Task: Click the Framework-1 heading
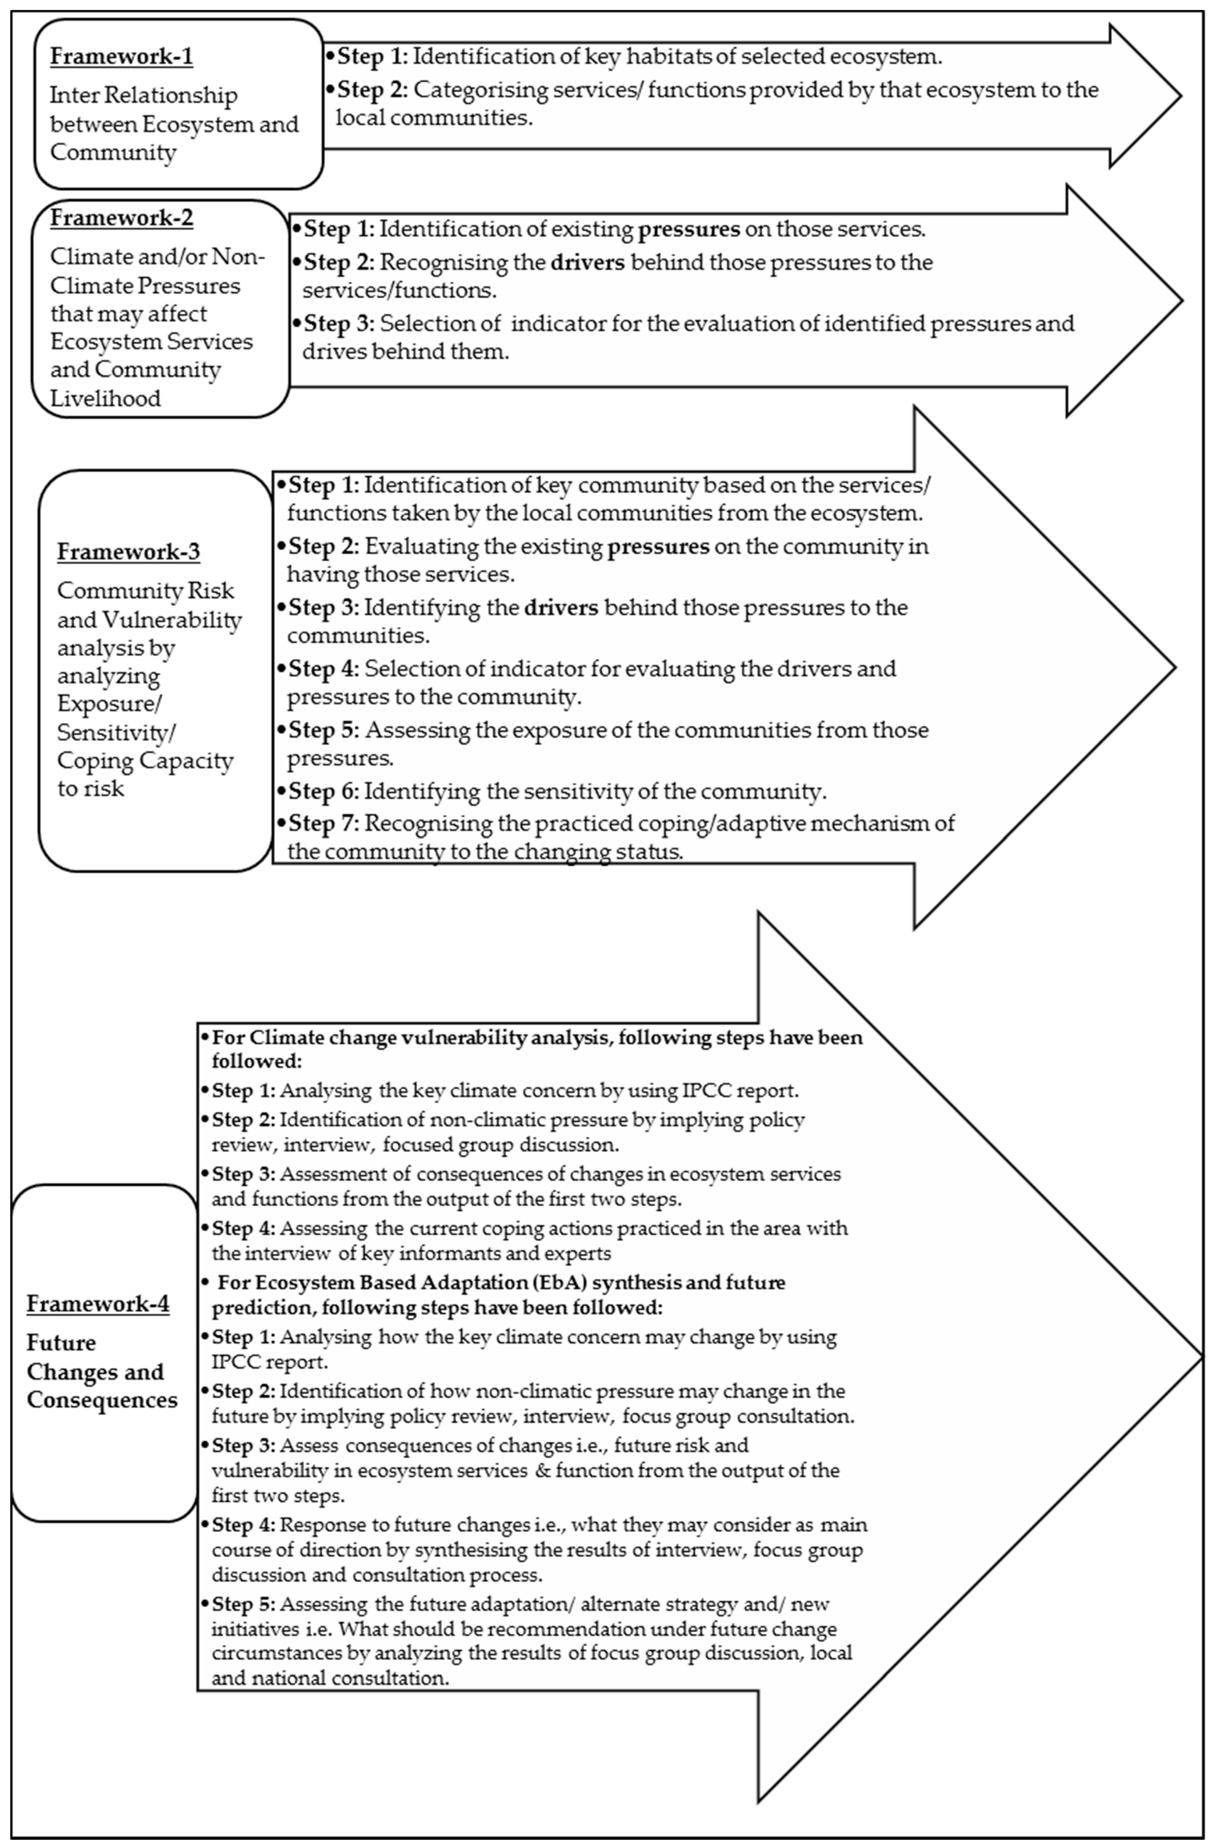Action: (121, 57)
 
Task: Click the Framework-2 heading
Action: (121, 218)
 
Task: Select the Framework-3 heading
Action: (128, 552)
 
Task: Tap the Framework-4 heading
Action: (98, 1304)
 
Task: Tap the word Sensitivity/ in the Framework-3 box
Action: (112, 733)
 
